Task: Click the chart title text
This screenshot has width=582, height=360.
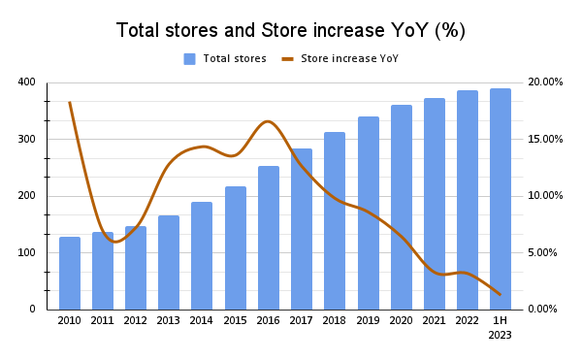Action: [291, 30]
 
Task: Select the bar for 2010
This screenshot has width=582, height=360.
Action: [70, 273]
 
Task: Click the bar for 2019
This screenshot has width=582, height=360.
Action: [368, 213]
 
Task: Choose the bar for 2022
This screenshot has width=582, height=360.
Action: [468, 200]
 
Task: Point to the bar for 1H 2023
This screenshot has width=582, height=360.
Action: [501, 199]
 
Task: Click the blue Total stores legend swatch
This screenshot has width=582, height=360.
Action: [190, 59]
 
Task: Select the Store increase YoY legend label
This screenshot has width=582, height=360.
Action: [349, 59]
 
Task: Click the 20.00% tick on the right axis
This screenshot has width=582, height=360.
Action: [543, 82]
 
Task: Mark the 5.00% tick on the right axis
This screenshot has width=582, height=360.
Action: [543, 252]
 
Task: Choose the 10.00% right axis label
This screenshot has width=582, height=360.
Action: [543, 195]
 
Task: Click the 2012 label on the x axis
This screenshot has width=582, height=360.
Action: [136, 320]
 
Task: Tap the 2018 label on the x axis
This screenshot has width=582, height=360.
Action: [335, 320]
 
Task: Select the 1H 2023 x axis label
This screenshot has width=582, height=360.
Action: [501, 327]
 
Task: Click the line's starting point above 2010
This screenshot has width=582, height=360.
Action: [70, 102]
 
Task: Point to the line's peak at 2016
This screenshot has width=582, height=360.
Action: [268, 121]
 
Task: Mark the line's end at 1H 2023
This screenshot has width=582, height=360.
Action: [500, 294]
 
